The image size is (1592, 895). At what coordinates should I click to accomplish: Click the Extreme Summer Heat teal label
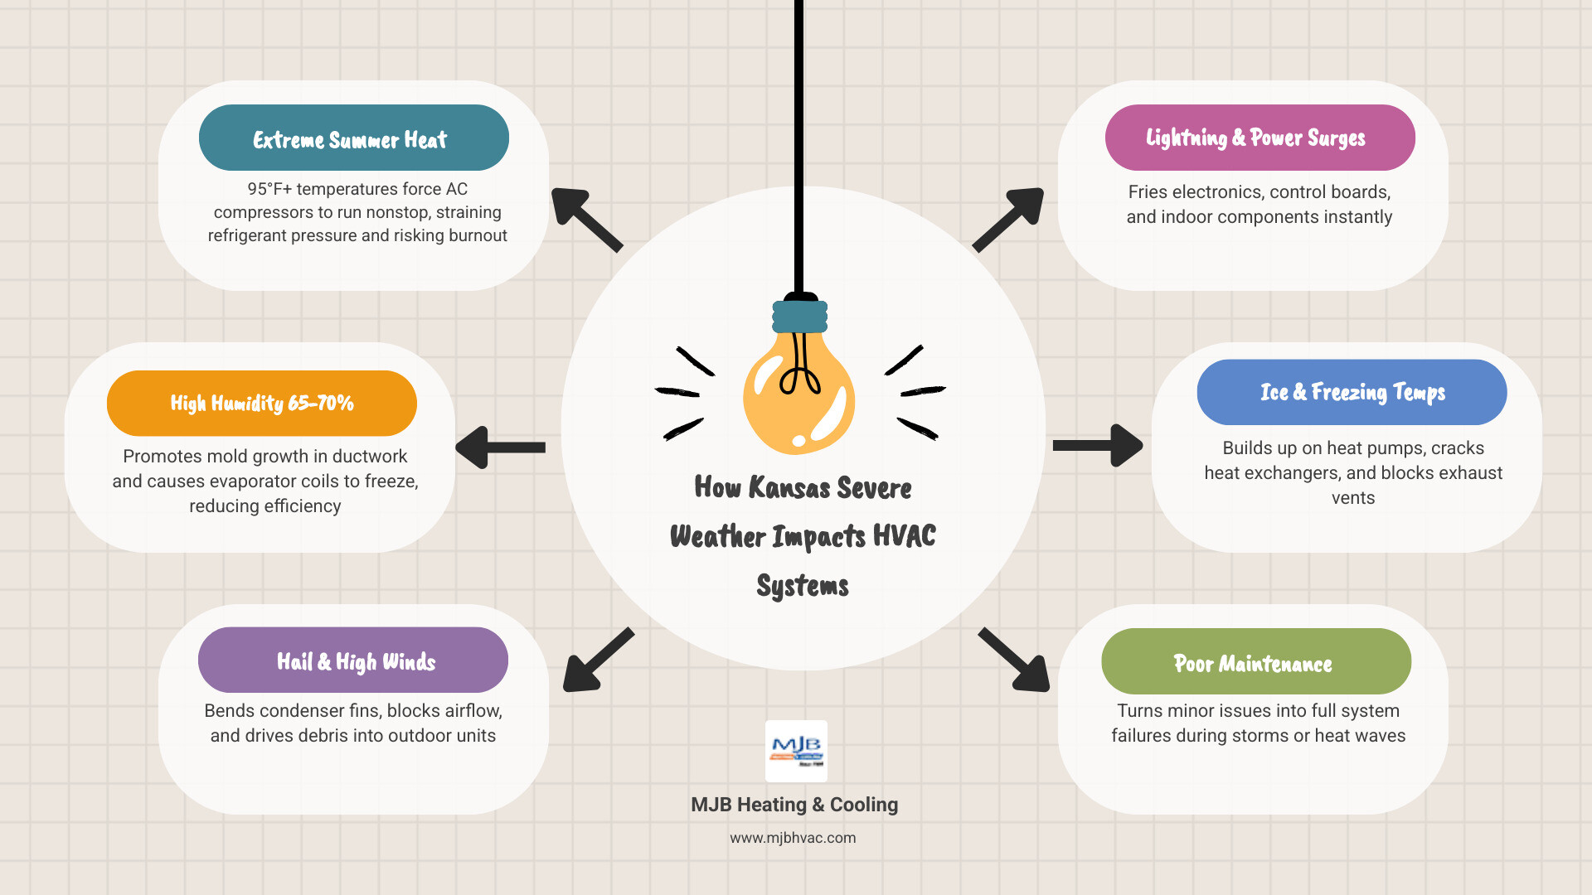(353, 138)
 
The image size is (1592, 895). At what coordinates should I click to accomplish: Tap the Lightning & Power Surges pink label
(1260, 138)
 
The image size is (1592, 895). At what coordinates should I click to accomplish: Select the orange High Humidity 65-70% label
(261, 403)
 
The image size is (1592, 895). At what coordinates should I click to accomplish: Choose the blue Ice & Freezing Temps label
(1352, 392)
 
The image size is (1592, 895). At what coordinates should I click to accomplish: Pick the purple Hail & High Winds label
(353, 660)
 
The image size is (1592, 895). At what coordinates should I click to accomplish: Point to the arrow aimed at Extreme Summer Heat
(586, 219)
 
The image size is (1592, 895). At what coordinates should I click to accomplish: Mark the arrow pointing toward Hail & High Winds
(598, 660)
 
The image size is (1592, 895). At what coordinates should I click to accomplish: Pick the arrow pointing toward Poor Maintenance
(1015, 660)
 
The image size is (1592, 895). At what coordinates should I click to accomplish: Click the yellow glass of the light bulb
(798, 398)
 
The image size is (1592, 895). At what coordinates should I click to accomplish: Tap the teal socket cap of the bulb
(799, 317)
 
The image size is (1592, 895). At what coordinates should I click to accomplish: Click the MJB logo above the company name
(796, 751)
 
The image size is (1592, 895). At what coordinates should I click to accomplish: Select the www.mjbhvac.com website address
(793, 838)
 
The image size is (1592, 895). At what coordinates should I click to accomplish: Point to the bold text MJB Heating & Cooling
(794, 805)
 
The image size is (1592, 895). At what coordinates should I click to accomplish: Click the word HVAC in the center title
(904, 536)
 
